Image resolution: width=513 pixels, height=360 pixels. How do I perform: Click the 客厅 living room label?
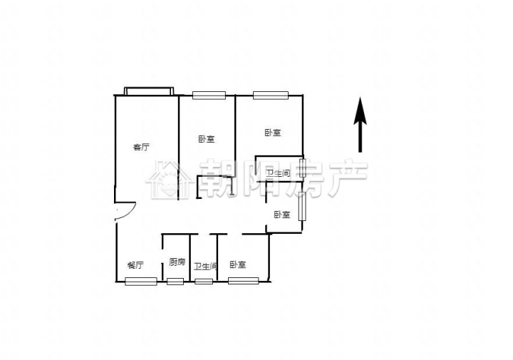point(141,148)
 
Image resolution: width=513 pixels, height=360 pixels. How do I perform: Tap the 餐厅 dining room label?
point(135,264)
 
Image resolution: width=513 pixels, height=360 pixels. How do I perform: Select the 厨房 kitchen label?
point(177,262)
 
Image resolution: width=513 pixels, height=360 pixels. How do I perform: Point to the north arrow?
point(360,125)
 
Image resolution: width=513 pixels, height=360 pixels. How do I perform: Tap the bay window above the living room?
point(149,91)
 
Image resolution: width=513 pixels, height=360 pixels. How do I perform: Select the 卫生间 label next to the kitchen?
point(205,267)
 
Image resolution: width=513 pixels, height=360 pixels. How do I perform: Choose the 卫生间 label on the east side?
point(278,173)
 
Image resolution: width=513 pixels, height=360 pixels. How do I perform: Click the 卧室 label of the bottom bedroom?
point(238,264)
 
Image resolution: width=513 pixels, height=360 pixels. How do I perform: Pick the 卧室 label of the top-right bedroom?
point(272,133)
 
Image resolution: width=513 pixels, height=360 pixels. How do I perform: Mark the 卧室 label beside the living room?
point(207,139)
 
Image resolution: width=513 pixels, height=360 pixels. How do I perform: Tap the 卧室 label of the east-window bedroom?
point(282,215)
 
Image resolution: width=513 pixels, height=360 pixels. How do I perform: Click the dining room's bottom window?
point(141,281)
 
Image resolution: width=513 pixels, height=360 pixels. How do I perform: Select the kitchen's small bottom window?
point(175,281)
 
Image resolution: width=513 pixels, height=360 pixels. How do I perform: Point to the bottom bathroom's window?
point(204,281)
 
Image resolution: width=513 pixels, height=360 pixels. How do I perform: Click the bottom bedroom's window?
point(244,281)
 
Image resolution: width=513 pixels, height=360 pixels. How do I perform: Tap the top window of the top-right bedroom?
point(271,96)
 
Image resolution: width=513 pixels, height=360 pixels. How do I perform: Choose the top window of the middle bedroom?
point(209,96)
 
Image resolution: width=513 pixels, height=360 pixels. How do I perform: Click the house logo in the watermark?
point(169,180)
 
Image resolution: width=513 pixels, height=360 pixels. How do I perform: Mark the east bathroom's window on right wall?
point(303,168)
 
